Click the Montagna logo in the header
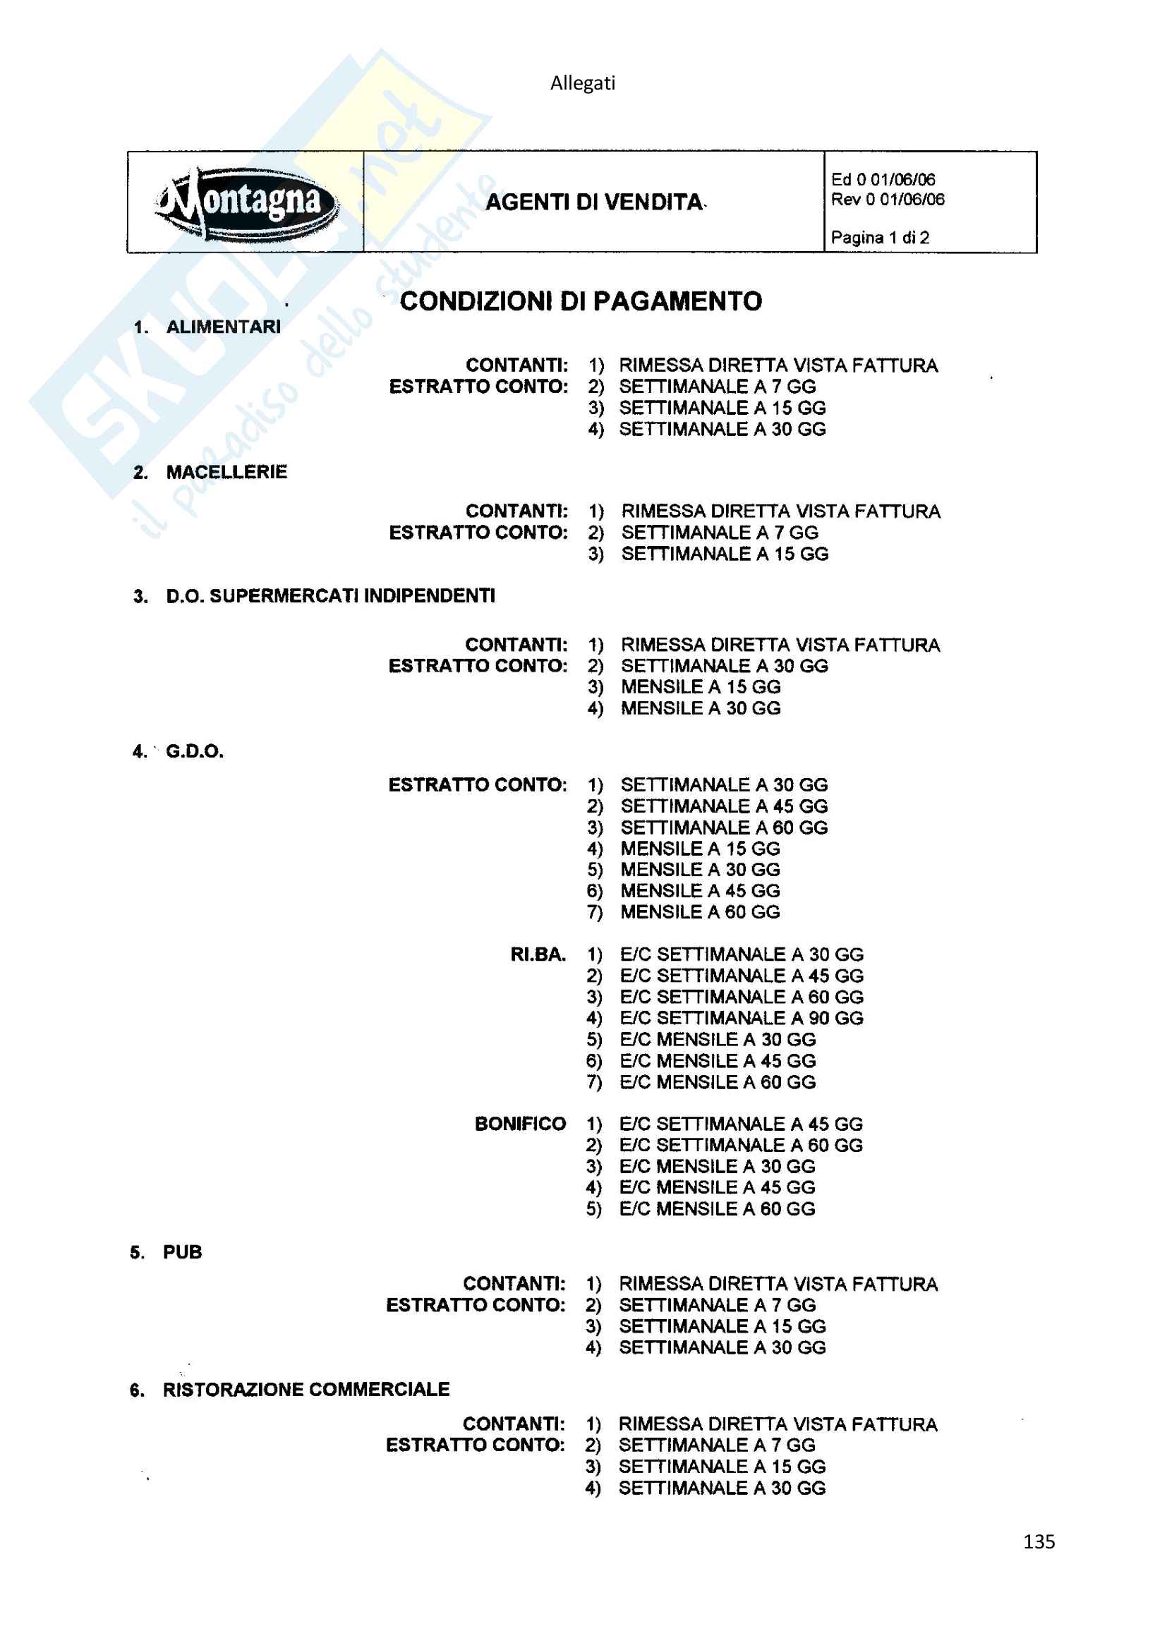pos(246,202)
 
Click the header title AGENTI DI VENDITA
pos(594,202)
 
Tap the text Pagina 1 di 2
pos(880,237)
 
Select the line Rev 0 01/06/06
pos(888,199)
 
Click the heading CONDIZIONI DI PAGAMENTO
pos(581,301)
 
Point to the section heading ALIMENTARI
pos(223,327)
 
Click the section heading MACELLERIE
pos(226,472)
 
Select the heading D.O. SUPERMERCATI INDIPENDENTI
pos(329,596)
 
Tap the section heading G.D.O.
pos(195,752)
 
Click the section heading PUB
pos(183,1252)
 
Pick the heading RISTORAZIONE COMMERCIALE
pos(306,1389)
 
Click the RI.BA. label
pos(538,954)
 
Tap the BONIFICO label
pos(520,1123)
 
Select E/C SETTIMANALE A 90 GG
pos(742,1018)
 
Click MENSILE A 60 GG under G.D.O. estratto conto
pos(700,912)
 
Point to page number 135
pos(1039,1541)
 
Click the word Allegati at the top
pos(583,83)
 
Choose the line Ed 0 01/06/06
pos(883,180)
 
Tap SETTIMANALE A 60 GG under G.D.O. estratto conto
pos(724,827)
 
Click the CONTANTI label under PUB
pos(514,1283)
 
